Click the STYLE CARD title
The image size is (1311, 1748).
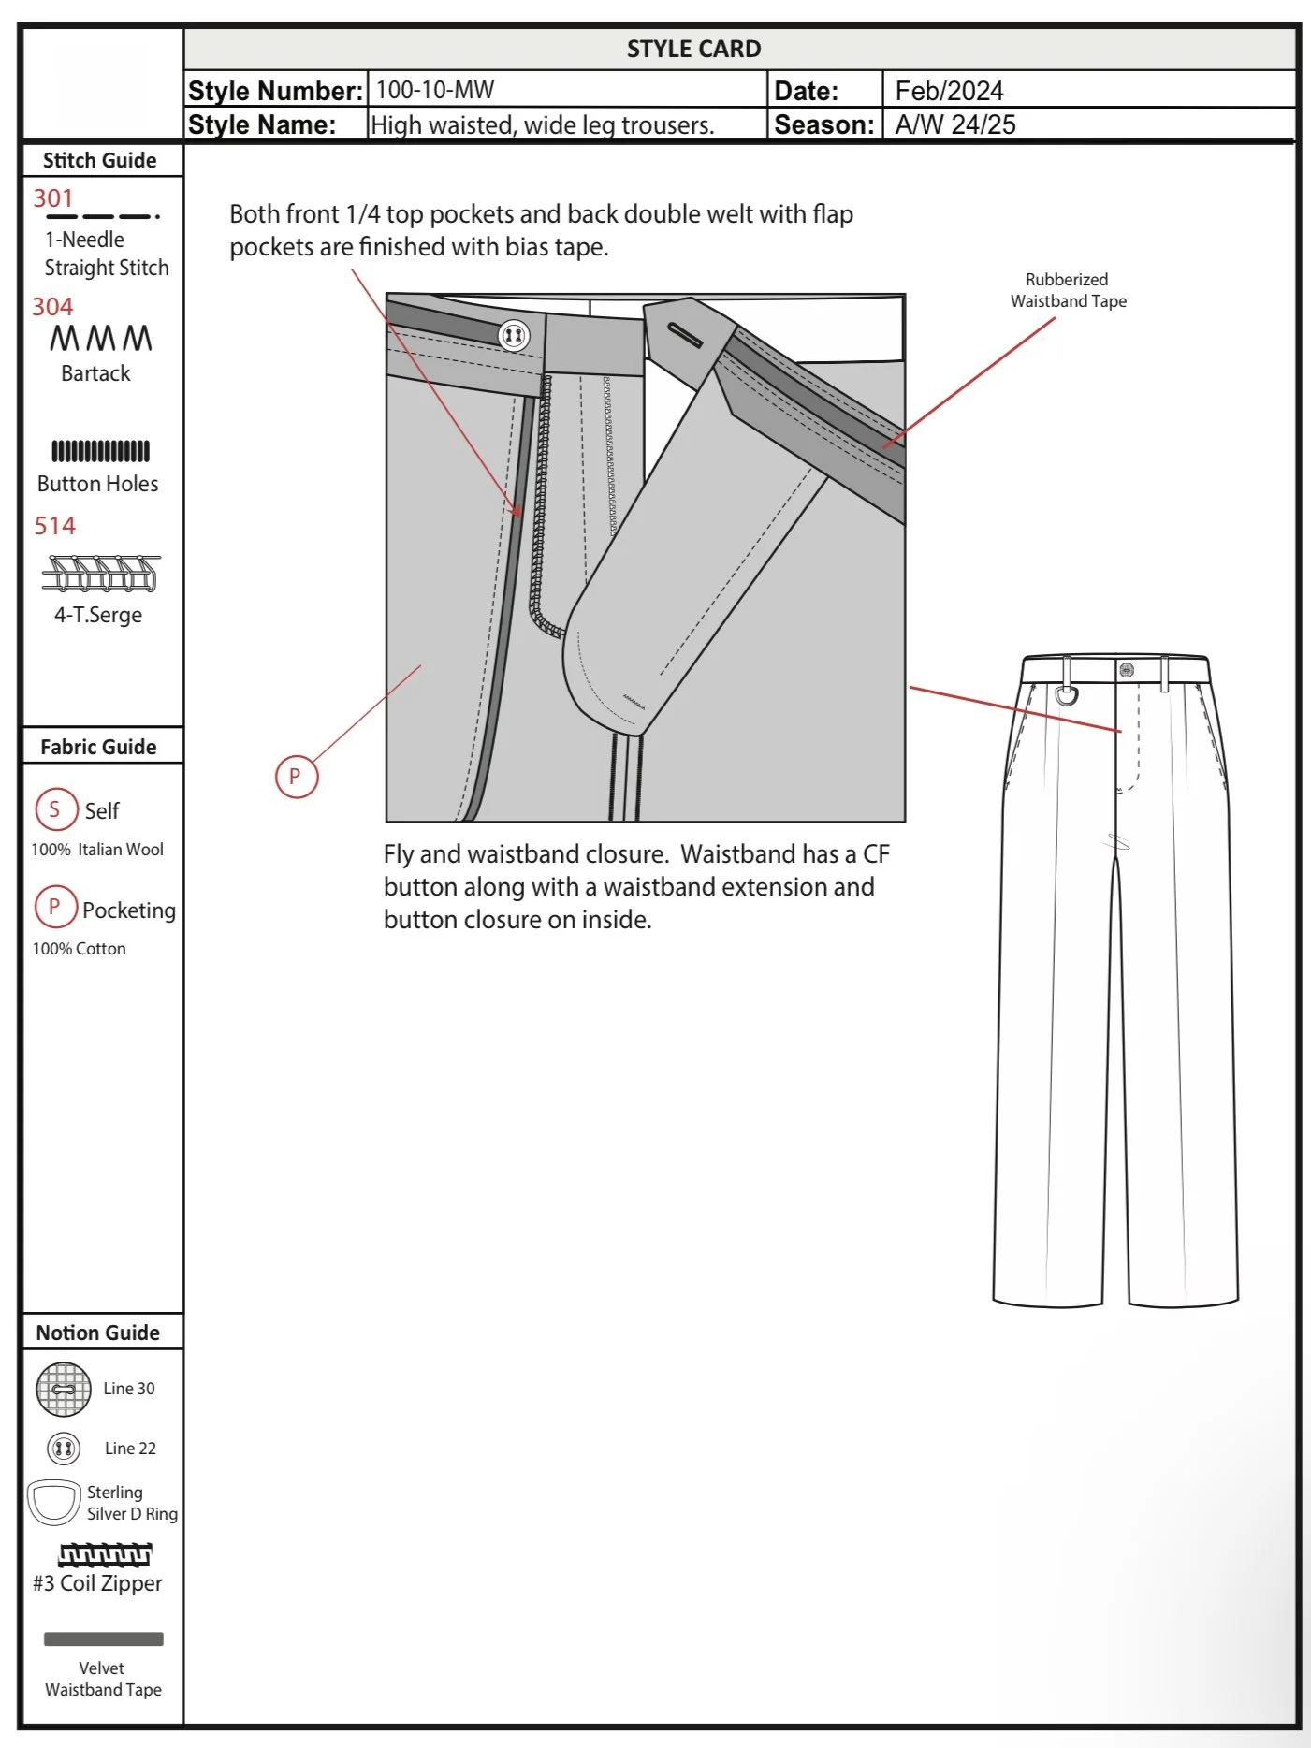click(693, 49)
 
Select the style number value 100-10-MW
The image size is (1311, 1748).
click(435, 90)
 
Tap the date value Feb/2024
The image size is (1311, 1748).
click(949, 91)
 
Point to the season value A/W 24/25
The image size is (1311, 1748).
click(954, 124)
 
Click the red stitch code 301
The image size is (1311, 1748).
click(53, 198)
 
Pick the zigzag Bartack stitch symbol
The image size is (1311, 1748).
click(101, 338)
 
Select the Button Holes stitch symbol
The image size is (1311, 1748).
click(100, 451)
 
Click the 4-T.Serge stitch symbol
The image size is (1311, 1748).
click(101, 574)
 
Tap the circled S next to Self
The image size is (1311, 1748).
click(55, 809)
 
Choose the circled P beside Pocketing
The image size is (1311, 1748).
click(54, 907)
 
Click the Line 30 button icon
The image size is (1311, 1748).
click(64, 1389)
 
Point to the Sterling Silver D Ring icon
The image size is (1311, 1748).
click(54, 1502)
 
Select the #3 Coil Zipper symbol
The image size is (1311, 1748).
click(105, 1554)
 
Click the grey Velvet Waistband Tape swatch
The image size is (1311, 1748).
click(103, 1639)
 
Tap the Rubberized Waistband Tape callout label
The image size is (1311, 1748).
click(1068, 290)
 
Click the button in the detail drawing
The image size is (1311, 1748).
click(513, 335)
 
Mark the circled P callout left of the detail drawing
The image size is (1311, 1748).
click(296, 777)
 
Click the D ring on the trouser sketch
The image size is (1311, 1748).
click(1066, 694)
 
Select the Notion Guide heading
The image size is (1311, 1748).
click(98, 1333)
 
